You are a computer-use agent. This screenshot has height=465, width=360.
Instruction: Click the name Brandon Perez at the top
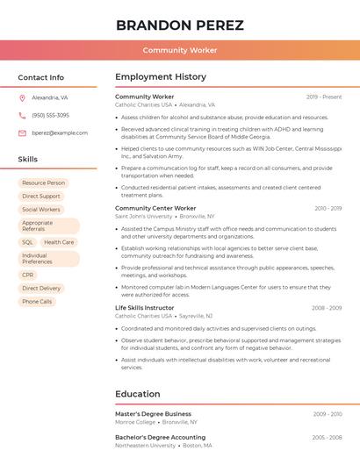click(x=180, y=25)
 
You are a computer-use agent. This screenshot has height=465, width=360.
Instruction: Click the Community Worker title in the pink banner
click(x=180, y=50)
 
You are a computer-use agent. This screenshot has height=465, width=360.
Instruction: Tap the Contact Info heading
click(x=40, y=77)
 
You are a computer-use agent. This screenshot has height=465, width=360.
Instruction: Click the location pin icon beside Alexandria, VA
click(x=22, y=98)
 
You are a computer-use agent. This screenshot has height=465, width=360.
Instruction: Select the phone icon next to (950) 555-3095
click(x=22, y=116)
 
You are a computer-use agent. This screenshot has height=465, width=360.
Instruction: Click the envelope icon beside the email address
click(x=22, y=133)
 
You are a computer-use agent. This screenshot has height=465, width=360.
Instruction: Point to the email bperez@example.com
click(x=60, y=133)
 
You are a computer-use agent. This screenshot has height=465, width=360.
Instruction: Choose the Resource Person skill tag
click(x=44, y=183)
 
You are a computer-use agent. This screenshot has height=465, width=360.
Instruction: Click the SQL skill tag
click(x=27, y=242)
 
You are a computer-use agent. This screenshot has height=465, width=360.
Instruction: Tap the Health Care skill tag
click(x=59, y=242)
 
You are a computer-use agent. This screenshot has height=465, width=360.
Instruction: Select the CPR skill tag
click(x=28, y=275)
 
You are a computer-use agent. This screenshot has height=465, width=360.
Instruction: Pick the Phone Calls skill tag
click(x=37, y=302)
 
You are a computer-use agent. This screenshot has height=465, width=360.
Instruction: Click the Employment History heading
click(x=161, y=77)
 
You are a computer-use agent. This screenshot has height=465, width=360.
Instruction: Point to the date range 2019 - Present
click(x=324, y=97)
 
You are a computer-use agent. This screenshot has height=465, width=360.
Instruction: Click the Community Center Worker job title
click(x=155, y=209)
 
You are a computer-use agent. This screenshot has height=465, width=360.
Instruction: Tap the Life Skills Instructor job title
click(x=145, y=308)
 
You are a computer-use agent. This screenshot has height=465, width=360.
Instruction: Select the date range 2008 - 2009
click(x=327, y=308)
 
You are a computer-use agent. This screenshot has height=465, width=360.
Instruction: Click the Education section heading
click(x=138, y=394)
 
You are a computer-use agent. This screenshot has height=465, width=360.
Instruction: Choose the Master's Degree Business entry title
click(x=153, y=414)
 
